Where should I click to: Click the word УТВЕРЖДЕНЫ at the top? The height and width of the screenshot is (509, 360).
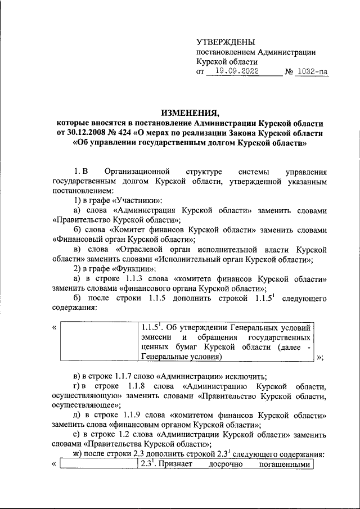pos(226,42)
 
